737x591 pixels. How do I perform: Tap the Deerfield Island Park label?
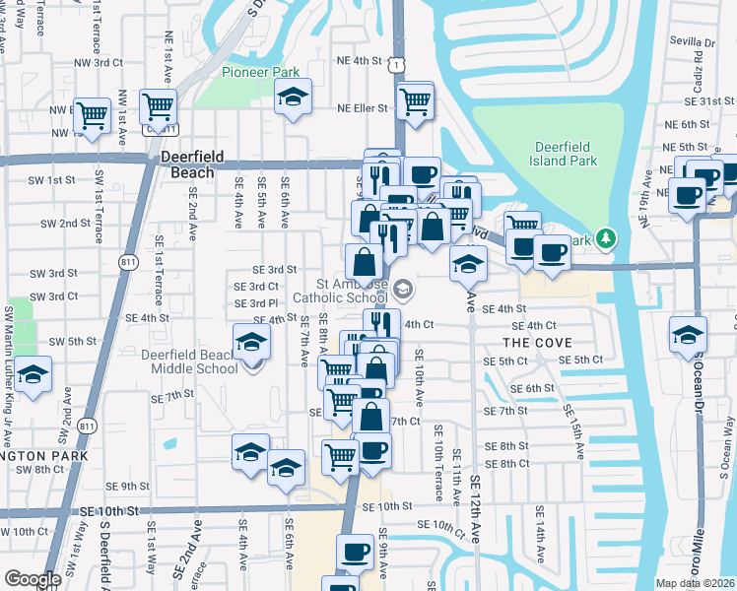[556, 154]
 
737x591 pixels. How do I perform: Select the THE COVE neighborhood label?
[531, 342]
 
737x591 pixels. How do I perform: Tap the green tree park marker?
[608, 238]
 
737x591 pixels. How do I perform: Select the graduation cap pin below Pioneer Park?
[293, 97]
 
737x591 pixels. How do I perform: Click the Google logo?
[33, 579]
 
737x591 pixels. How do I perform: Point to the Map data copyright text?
[695, 583]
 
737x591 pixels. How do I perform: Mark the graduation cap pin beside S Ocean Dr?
[688, 335]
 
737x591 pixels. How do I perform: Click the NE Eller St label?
[365, 109]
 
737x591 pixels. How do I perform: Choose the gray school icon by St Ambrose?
[403, 290]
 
